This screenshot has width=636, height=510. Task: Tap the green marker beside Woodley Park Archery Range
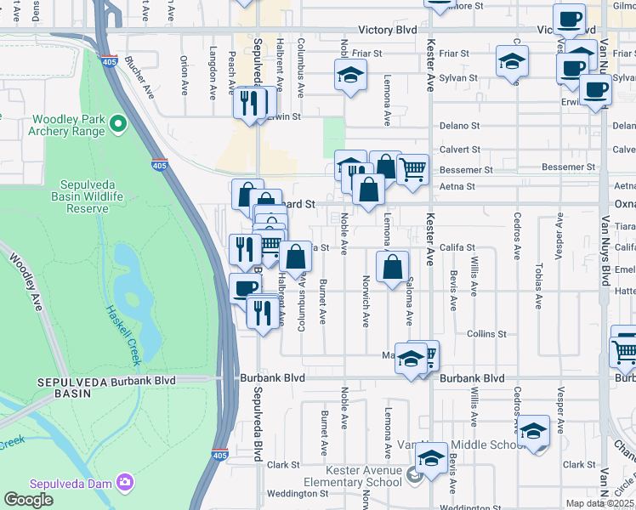coord(118,126)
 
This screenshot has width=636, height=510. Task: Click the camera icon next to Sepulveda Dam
coord(125,483)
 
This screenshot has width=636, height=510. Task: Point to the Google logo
coord(28,500)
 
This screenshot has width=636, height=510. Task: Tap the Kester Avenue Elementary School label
coord(365,477)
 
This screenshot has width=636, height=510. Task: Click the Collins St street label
coord(486,334)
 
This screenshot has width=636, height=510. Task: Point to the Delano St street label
coord(459,126)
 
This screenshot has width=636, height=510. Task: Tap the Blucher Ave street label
coord(137,74)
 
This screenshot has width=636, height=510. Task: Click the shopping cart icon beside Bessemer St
coord(412,168)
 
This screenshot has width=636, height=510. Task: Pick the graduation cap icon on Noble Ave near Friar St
coord(349,74)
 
